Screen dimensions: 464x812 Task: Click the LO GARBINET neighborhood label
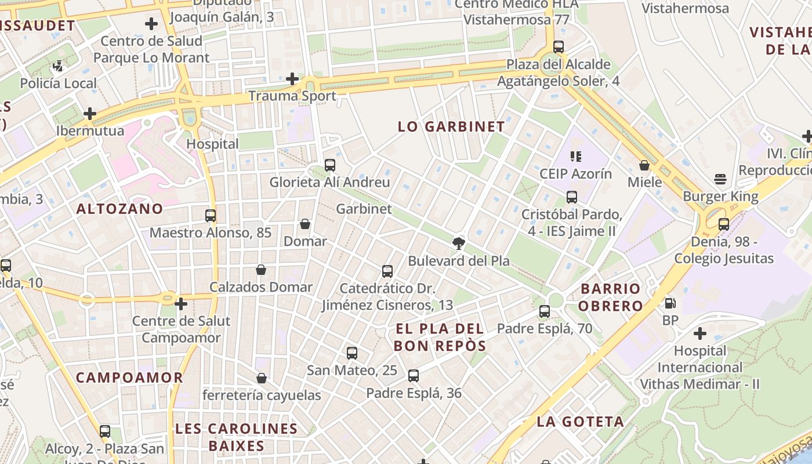451,127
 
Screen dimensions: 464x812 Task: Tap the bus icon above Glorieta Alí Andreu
330,165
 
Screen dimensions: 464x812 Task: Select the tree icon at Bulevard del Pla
459,243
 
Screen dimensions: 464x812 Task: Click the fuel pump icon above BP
670,303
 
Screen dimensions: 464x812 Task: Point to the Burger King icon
720,179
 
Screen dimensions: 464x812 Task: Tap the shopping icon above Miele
644,165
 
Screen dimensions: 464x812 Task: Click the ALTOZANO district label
119,209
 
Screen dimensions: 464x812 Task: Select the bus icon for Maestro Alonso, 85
211,216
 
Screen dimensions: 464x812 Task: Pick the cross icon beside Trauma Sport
293,79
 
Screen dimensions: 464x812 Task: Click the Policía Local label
59,84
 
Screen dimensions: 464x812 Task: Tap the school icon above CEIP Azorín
575,156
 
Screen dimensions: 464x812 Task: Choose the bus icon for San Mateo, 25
351,353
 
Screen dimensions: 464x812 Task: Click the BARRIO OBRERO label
611,297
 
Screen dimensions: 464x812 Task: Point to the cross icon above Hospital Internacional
700,333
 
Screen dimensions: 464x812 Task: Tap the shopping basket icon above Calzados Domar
261,270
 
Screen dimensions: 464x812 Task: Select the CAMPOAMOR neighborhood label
129,378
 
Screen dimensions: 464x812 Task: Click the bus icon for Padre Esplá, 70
545,311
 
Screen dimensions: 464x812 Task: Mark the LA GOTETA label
580,422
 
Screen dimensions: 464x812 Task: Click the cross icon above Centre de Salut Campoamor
181,303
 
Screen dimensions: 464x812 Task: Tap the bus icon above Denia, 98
723,224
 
